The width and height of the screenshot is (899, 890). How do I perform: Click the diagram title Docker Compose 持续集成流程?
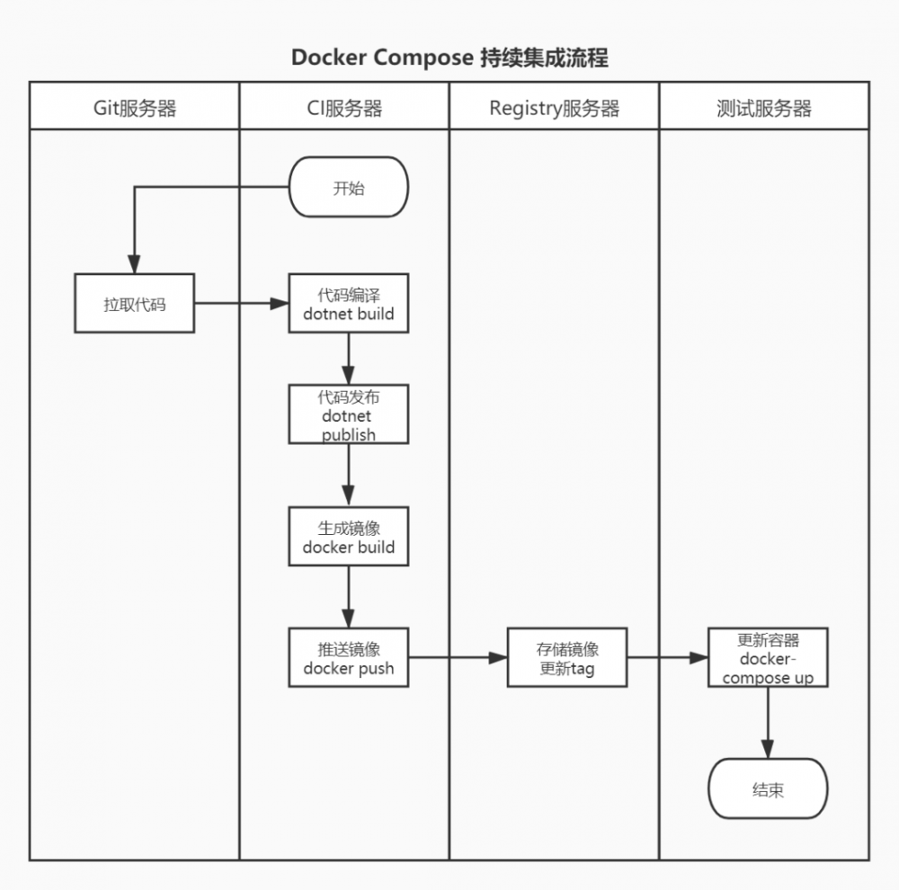coord(449,58)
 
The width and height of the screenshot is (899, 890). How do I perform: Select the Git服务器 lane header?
coord(135,109)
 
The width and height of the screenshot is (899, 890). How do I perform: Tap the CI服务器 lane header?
coord(344,109)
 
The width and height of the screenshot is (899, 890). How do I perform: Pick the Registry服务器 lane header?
coord(555,109)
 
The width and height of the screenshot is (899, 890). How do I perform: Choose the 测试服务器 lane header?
coord(764,109)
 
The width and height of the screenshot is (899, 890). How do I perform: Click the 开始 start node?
coord(349,187)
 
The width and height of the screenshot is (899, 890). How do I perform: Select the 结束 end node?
coord(768,788)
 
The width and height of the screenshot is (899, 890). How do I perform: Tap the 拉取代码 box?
coord(134,304)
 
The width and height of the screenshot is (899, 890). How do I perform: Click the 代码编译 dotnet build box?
coord(349,304)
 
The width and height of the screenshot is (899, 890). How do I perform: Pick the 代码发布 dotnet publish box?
coord(349,414)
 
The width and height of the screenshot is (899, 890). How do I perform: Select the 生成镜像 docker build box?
coord(349,537)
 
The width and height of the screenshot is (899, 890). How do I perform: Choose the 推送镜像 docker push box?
coord(349,658)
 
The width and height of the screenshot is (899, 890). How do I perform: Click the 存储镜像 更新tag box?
coord(567,658)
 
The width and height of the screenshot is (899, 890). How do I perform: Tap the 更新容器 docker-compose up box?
coord(768,658)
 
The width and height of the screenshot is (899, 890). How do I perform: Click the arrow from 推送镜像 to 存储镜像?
coord(458,658)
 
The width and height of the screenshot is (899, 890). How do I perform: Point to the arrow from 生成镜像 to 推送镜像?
coord(349,597)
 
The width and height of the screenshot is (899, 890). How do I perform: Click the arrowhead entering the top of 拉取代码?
coord(134,264)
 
